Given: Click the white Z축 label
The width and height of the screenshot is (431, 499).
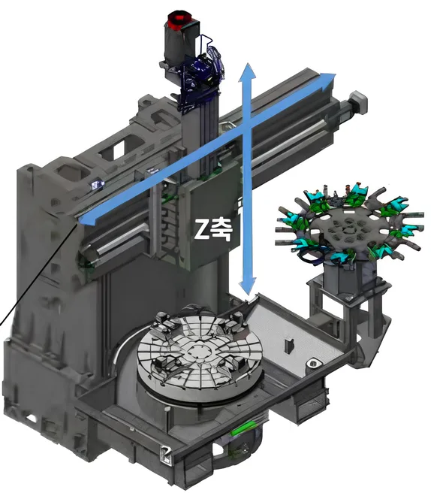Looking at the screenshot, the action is point(213,229).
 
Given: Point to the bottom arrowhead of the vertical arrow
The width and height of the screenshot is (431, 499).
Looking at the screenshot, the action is point(248,286).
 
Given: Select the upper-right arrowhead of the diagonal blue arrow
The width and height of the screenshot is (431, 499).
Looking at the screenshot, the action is point(327,80).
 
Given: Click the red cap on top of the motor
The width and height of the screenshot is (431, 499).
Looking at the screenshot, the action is point(179,20).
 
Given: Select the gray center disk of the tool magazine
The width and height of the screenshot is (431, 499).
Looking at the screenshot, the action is point(350,228).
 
